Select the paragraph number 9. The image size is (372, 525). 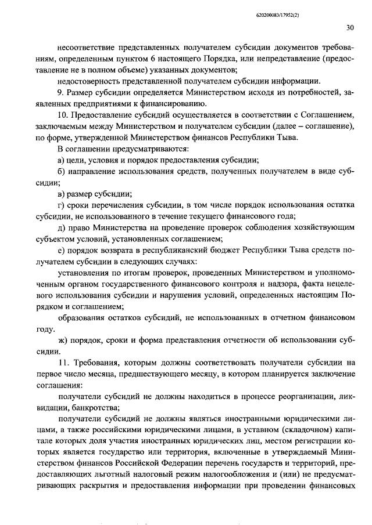click(60, 92)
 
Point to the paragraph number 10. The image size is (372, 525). click(62, 115)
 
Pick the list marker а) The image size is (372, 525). click(61, 161)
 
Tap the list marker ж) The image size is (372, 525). click(62, 340)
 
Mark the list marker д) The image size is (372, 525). click(62, 227)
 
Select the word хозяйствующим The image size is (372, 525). click(321, 227)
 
